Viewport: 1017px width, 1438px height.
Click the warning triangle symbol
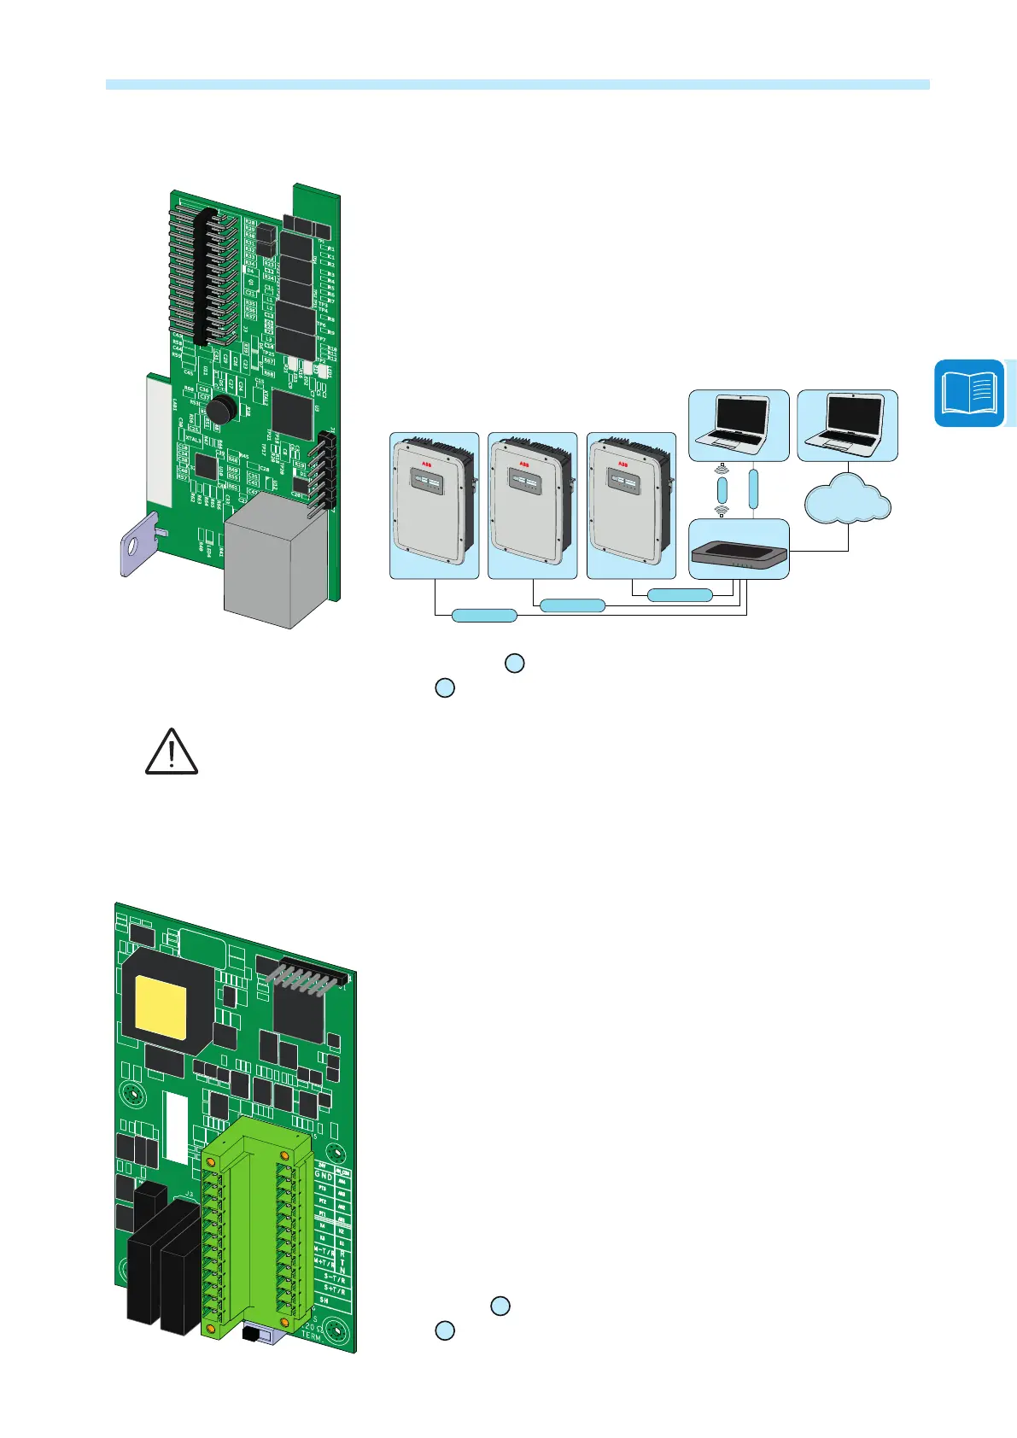pyautogui.click(x=172, y=752)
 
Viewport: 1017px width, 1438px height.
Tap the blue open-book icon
pyautogui.click(x=969, y=394)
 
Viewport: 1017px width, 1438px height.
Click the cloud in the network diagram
pyautogui.click(x=848, y=502)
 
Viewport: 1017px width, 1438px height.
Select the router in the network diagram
pyautogui.click(x=739, y=554)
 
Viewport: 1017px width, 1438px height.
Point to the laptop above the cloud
pyautogui.click(x=847, y=424)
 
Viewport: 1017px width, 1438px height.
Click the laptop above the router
pyautogui.click(x=739, y=424)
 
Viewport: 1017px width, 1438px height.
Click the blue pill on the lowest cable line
pyautogui.click(x=484, y=615)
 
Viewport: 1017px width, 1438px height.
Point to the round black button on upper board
pyautogui.click(x=221, y=408)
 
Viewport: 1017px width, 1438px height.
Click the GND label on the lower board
pyautogui.click(x=324, y=1175)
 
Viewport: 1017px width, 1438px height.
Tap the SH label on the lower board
pyautogui.click(x=324, y=1299)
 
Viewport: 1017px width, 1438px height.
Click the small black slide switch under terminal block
pyautogui.click(x=252, y=1333)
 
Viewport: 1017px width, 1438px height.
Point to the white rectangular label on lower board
pyautogui.click(x=175, y=1128)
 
